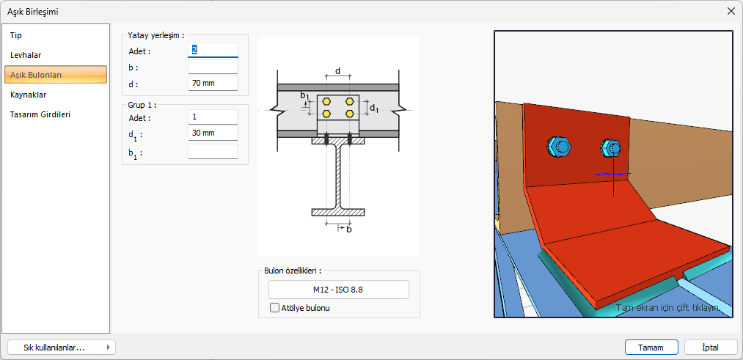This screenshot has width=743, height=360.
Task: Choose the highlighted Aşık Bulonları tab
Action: coord(56,75)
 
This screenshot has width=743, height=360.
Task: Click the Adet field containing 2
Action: coord(213,50)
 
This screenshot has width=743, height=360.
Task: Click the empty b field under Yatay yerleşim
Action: coord(213,67)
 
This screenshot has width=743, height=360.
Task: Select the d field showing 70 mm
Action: coord(213,84)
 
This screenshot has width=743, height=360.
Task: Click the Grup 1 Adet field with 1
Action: coord(213,117)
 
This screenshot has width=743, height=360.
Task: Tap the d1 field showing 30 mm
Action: coord(213,133)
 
